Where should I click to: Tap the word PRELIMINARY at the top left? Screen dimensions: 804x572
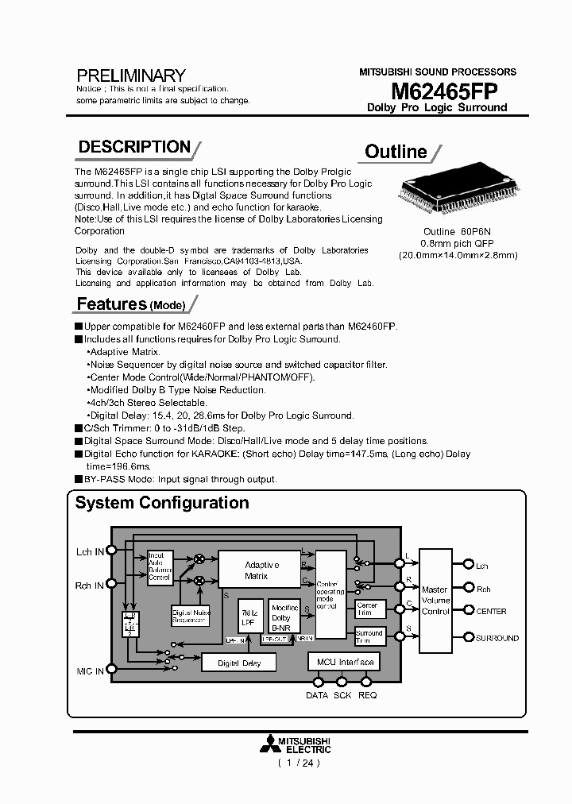pos(131,76)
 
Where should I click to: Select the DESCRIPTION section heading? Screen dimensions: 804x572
pos(134,147)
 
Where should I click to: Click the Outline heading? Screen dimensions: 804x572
pos(396,152)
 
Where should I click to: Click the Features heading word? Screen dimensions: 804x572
pos(112,304)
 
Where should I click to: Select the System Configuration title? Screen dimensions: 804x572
pos(162,503)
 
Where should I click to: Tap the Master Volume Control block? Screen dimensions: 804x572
pos(435,601)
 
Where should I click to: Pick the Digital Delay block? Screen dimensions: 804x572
pos(239,663)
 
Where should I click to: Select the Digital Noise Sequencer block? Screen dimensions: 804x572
pos(191,617)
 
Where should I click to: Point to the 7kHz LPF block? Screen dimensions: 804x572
pos(249,617)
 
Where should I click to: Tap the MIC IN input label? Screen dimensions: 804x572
pos(89,671)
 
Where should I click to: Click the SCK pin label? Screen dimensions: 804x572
pos(342,695)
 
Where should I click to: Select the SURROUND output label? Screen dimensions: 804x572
pos(497,638)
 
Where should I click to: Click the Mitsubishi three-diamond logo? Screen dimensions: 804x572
pos(270,744)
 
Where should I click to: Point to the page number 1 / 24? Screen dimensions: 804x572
pos(298,763)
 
